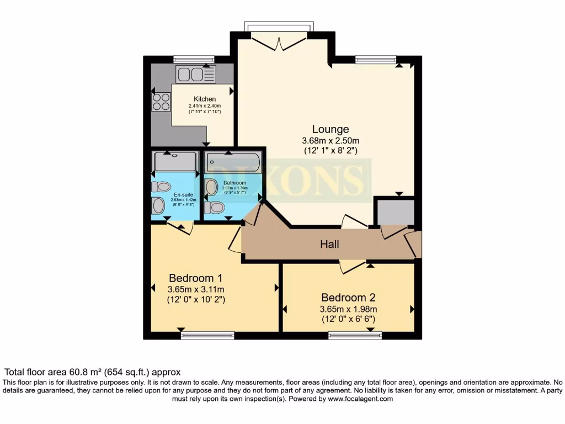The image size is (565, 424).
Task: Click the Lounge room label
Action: [331, 129]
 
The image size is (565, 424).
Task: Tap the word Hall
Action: [330, 244]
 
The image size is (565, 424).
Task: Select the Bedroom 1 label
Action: [195, 277]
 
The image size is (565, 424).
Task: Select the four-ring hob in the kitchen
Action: [161, 102]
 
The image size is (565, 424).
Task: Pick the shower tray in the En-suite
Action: [175, 162]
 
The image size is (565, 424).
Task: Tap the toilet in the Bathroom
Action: [214, 208]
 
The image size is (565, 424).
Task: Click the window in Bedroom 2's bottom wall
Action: [355, 335]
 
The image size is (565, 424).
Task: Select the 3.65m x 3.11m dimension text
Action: [195, 289]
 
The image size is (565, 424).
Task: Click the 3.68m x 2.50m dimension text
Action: [330, 140]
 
